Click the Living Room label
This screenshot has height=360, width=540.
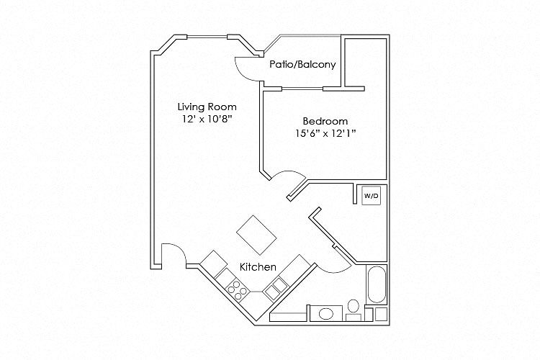point(207,107)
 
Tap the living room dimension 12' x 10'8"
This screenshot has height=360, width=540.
point(207,119)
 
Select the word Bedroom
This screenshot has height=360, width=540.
point(325,121)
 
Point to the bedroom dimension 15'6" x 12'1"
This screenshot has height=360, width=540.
point(325,133)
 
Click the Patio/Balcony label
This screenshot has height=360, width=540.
point(302,64)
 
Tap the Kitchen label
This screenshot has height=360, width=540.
point(258,267)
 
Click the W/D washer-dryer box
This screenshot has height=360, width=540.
point(372,196)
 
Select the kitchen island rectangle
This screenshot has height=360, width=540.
point(256,235)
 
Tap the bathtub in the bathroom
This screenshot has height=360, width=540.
point(376,284)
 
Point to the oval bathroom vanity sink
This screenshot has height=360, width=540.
point(326,313)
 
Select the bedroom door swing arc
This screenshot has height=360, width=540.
point(289,172)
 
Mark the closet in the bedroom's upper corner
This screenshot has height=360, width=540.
point(365,63)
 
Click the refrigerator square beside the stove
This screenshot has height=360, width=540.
point(214,264)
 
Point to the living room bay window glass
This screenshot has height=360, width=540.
point(207,37)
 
